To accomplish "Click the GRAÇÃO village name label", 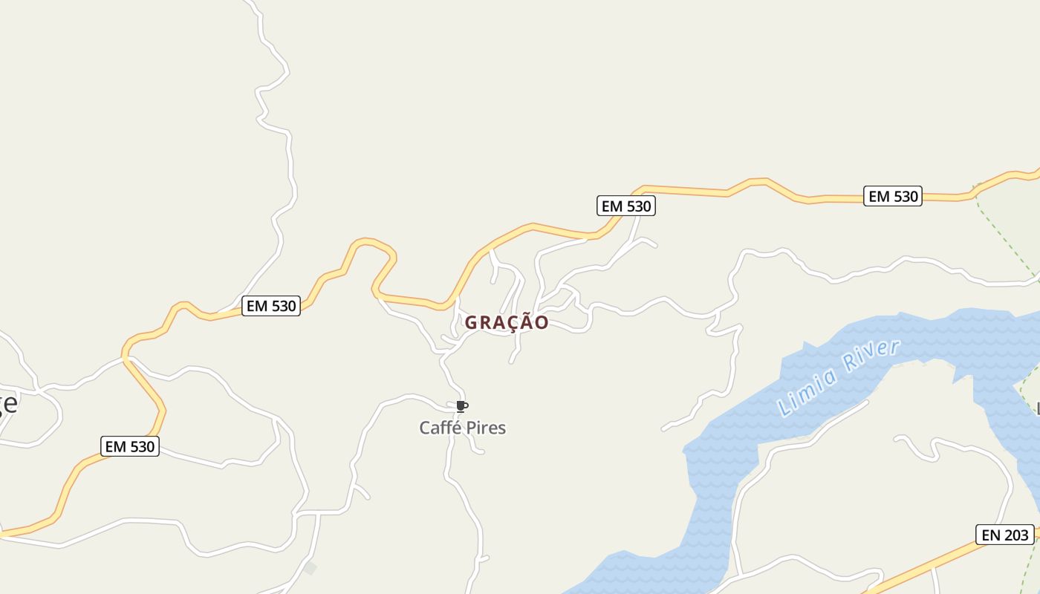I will pos(507,323).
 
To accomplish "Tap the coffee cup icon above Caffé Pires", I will pos(461,406).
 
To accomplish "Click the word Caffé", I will pos(439,428).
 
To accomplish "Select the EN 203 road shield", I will pos(1004,535).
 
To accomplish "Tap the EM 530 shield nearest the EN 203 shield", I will pos(892,196).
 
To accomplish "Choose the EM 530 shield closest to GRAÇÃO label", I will pos(625,206).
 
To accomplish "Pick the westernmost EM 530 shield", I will pos(130,446).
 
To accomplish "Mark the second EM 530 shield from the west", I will pos(271,306).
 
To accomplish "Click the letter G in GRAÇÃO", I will pos(472,323).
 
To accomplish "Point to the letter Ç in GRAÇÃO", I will pos(507,323).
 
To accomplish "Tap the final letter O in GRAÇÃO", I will pos(542,323).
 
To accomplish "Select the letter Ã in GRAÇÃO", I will pos(524,322).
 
